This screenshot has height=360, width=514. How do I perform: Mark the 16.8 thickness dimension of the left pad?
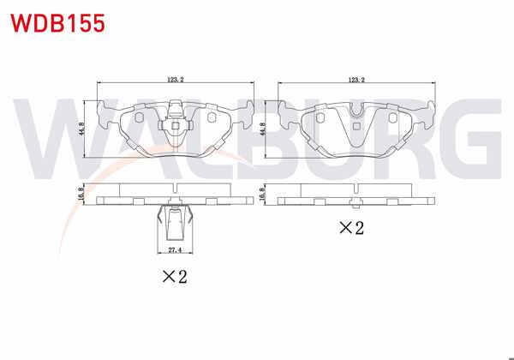pyautogui.click(x=82, y=196)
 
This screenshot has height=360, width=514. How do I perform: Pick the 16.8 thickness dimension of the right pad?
pyautogui.click(x=265, y=196)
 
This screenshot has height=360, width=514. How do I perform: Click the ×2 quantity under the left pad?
pyautogui.click(x=175, y=276)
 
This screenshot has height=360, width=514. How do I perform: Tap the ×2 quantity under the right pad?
pyautogui.click(x=351, y=228)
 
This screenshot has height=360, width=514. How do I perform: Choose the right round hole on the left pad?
pyautogui.click(x=212, y=117)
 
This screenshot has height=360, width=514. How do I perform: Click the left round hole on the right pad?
pyautogui.click(x=320, y=117)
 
